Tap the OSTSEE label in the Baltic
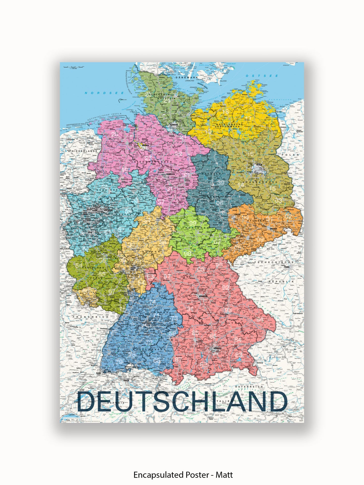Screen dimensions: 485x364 pos(262,76)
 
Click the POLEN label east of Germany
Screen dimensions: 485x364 pos(290,155)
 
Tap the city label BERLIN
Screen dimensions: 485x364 pos(259,165)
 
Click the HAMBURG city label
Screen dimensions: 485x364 pos(174,125)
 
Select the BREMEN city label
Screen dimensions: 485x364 pos(145,145)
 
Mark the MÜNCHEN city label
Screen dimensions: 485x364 pos(217,348)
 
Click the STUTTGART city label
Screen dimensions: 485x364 pos(147,323)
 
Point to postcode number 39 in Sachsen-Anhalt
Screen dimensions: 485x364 pos(221,183)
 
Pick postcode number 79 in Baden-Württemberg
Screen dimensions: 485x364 pos(119,362)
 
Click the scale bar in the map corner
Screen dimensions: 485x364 pos(74,67)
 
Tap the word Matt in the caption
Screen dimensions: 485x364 pos(224,475)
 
